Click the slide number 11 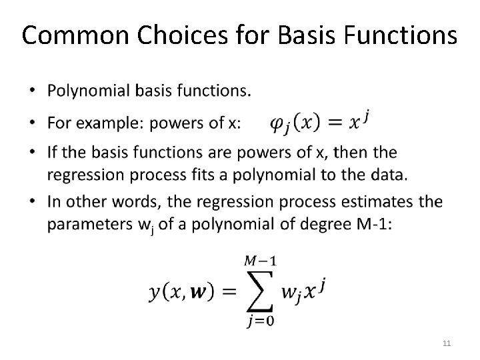pyautogui.click(x=447, y=343)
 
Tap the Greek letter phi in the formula pyautogui.click(x=281, y=124)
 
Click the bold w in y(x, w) pyautogui.click(x=198, y=291)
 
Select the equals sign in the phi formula pyautogui.click(x=336, y=123)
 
